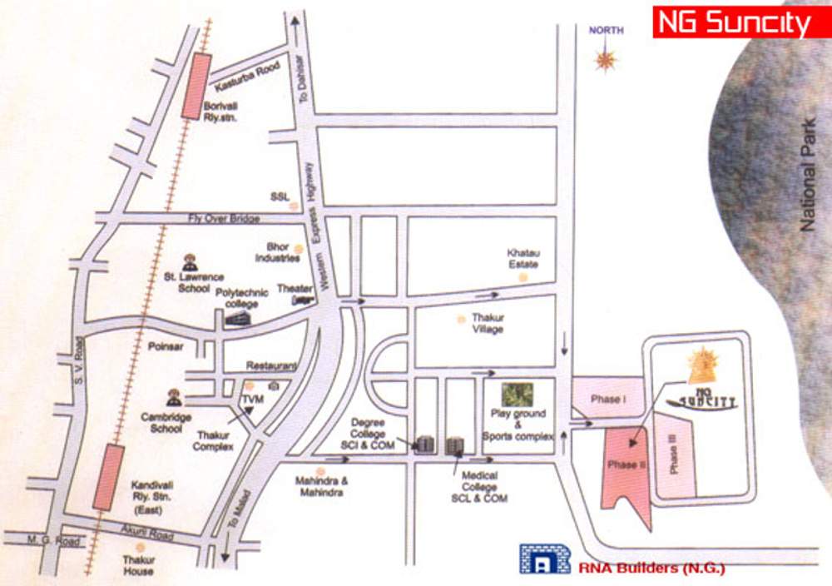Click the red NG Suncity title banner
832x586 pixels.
pyautogui.click(x=731, y=22)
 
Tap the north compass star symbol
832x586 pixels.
pyautogui.click(x=606, y=58)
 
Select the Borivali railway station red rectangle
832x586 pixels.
pyautogui.click(x=197, y=86)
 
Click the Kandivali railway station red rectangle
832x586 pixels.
pyautogui.click(x=108, y=476)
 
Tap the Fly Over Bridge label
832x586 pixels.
pyautogui.click(x=224, y=218)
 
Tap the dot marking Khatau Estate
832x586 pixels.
pyautogui.click(x=522, y=278)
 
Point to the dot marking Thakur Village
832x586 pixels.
pyautogui.click(x=460, y=319)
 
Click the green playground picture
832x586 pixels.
pyautogui.click(x=517, y=395)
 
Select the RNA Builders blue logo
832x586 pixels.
pyautogui.click(x=545, y=559)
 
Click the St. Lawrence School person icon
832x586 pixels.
pyautogui.click(x=189, y=261)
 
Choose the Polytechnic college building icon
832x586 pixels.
pyautogui.click(x=240, y=318)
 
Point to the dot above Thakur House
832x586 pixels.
pyautogui.click(x=139, y=546)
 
